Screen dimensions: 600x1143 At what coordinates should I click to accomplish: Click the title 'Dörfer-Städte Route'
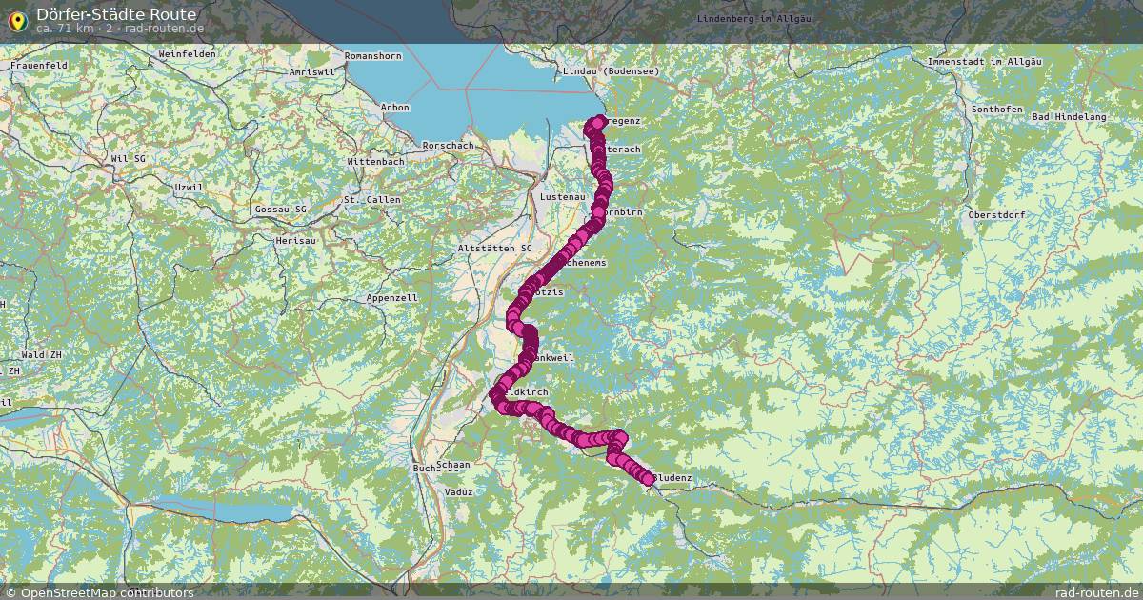pos(116,14)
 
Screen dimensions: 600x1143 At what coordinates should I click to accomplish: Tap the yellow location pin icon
pos(16,20)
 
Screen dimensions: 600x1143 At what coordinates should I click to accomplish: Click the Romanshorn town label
pos(373,56)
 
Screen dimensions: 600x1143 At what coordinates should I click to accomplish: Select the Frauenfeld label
pos(39,65)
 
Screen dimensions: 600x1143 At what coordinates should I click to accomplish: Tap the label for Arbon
pos(394,108)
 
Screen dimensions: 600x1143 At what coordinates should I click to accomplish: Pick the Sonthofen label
pos(996,110)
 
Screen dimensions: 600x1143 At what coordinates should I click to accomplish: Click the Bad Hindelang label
pos(1070,116)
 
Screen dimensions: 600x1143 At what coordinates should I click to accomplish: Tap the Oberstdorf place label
pos(996,214)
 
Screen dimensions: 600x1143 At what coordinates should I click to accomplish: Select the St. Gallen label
pos(371,199)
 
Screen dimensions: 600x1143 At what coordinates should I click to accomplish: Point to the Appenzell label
pos(392,298)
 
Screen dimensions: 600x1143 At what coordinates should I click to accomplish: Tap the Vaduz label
pos(459,491)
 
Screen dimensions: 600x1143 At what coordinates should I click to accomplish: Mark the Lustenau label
pos(562,196)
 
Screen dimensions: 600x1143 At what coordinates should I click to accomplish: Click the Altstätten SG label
pos(495,248)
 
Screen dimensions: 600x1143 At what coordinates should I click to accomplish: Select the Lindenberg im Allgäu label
pos(753,19)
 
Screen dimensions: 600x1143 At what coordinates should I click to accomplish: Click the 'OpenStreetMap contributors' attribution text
pos(107,592)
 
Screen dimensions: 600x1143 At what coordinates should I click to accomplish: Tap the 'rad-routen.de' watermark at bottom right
pos(1103,592)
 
